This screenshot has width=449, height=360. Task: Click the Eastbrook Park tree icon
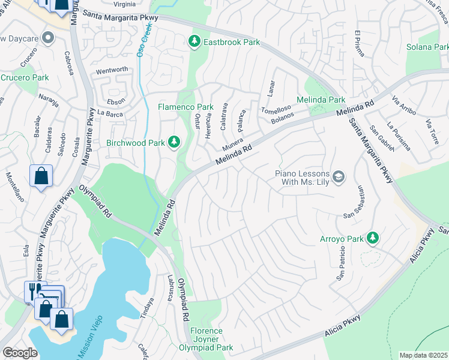(x=194, y=41)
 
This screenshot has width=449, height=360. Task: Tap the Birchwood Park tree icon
(x=174, y=142)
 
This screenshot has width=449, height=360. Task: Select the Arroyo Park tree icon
(x=372, y=238)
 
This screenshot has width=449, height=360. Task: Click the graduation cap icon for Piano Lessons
(x=339, y=176)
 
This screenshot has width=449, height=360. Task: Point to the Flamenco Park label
(x=185, y=107)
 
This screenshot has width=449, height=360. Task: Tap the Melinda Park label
(x=321, y=100)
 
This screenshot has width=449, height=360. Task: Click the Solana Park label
(x=427, y=47)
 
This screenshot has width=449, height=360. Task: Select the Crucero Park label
(x=25, y=77)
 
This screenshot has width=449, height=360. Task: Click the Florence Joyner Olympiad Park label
(x=206, y=339)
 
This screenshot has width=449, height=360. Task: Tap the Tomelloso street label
(x=276, y=110)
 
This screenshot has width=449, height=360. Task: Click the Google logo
(x=20, y=353)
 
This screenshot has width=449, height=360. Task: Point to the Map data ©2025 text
(x=423, y=355)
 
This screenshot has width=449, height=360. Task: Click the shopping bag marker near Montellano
(x=40, y=176)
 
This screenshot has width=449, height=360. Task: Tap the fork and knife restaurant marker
(x=32, y=290)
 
